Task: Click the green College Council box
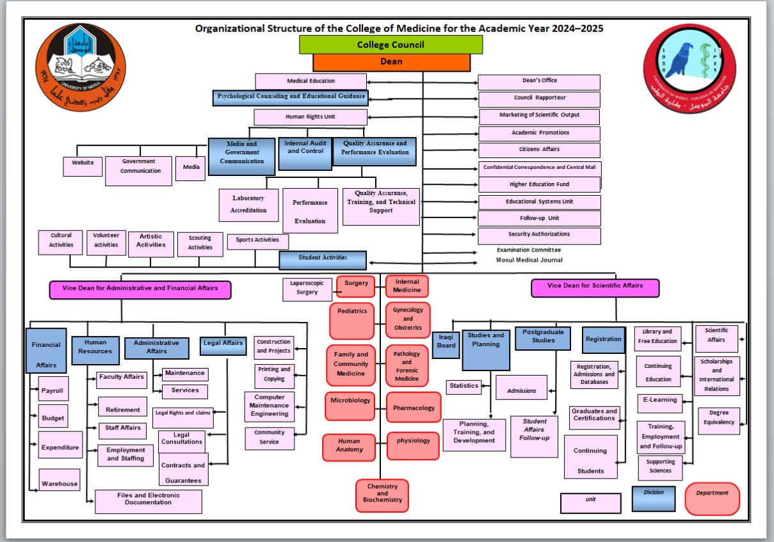tap(391, 45)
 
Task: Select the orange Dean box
tap(391, 62)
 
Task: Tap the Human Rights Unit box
tap(310, 117)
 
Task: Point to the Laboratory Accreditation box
tap(248, 205)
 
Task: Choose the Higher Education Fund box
tap(539, 184)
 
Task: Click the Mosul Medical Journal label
tap(529, 260)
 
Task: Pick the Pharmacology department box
tap(413, 408)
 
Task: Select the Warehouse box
tap(59, 484)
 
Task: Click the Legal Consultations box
tap(182, 438)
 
